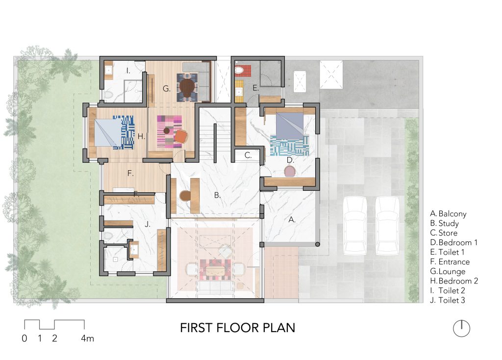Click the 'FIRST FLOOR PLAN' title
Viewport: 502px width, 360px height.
click(x=237, y=328)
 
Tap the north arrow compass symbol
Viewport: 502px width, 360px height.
click(x=461, y=328)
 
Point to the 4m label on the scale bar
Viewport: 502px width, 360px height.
click(x=87, y=338)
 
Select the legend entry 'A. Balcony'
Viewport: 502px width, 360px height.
click(x=448, y=214)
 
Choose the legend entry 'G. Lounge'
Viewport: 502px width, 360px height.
click(x=448, y=271)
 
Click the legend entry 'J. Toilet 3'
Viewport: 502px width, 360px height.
click(x=448, y=300)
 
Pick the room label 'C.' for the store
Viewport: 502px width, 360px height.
click(x=248, y=155)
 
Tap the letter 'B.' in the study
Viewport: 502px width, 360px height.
click(x=217, y=195)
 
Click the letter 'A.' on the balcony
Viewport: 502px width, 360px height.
click(x=292, y=220)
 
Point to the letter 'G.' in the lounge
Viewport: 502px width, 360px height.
click(x=167, y=89)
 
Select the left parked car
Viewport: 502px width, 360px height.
click(x=355, y=226)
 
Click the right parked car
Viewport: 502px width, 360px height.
click(x=387, y=226)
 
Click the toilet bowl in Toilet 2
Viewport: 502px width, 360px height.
click(x=108, y=95)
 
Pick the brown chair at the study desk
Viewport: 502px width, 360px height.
click(x=185, y=196)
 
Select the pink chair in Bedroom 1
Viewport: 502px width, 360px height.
click(x=290, y=171)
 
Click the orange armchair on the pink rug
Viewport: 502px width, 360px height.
click(x=181, y=137)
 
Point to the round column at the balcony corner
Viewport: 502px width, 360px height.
click(x=317, y=244)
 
